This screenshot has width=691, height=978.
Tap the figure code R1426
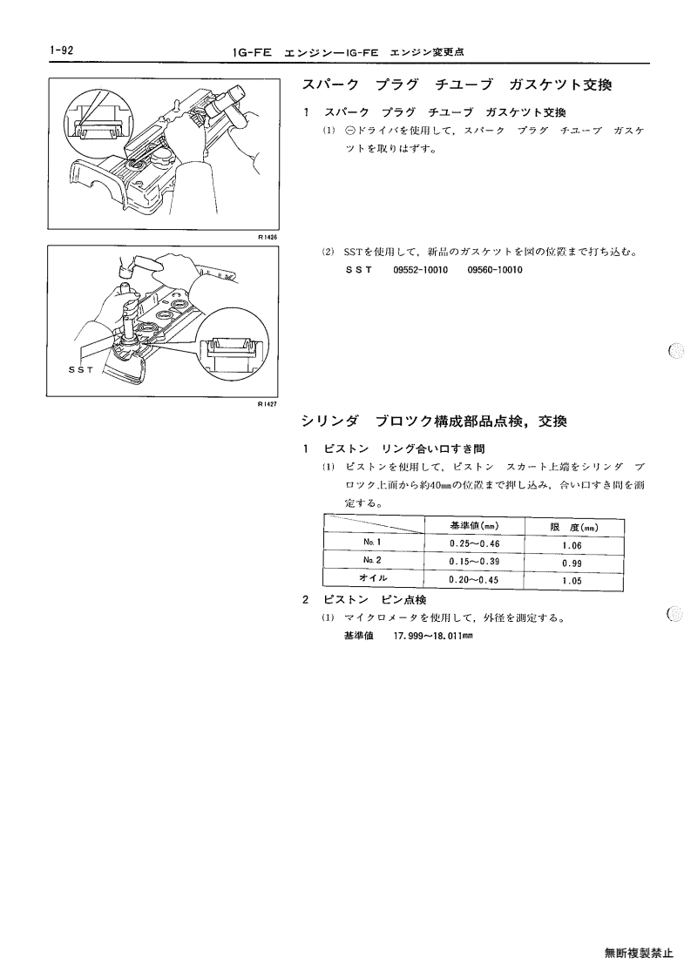pos(268,237)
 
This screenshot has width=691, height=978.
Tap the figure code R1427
pos(268,403)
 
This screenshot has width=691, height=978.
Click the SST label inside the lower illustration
pos(80,370)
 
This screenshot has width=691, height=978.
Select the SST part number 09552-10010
pos(421,270)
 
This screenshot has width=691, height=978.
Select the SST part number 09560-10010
pos(495,270)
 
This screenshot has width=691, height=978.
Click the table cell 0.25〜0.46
pos(474,544)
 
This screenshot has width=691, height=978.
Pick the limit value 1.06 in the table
pos(572,546)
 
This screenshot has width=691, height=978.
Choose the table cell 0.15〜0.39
pos(474,562)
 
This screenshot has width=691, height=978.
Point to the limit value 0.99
pos(572,563)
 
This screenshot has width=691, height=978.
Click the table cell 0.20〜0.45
pos(474,580)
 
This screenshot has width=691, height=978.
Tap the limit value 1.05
pos(572,581)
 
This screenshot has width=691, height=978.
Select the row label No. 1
pos(372,542)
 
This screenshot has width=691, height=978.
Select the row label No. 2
pos(372,560)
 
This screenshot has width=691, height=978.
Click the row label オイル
pos(373,578)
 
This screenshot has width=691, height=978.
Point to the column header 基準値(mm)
pos(474,526)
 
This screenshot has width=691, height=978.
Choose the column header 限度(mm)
pos(574,528)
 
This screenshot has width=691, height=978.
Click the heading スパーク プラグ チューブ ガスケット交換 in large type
pos(457,84)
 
